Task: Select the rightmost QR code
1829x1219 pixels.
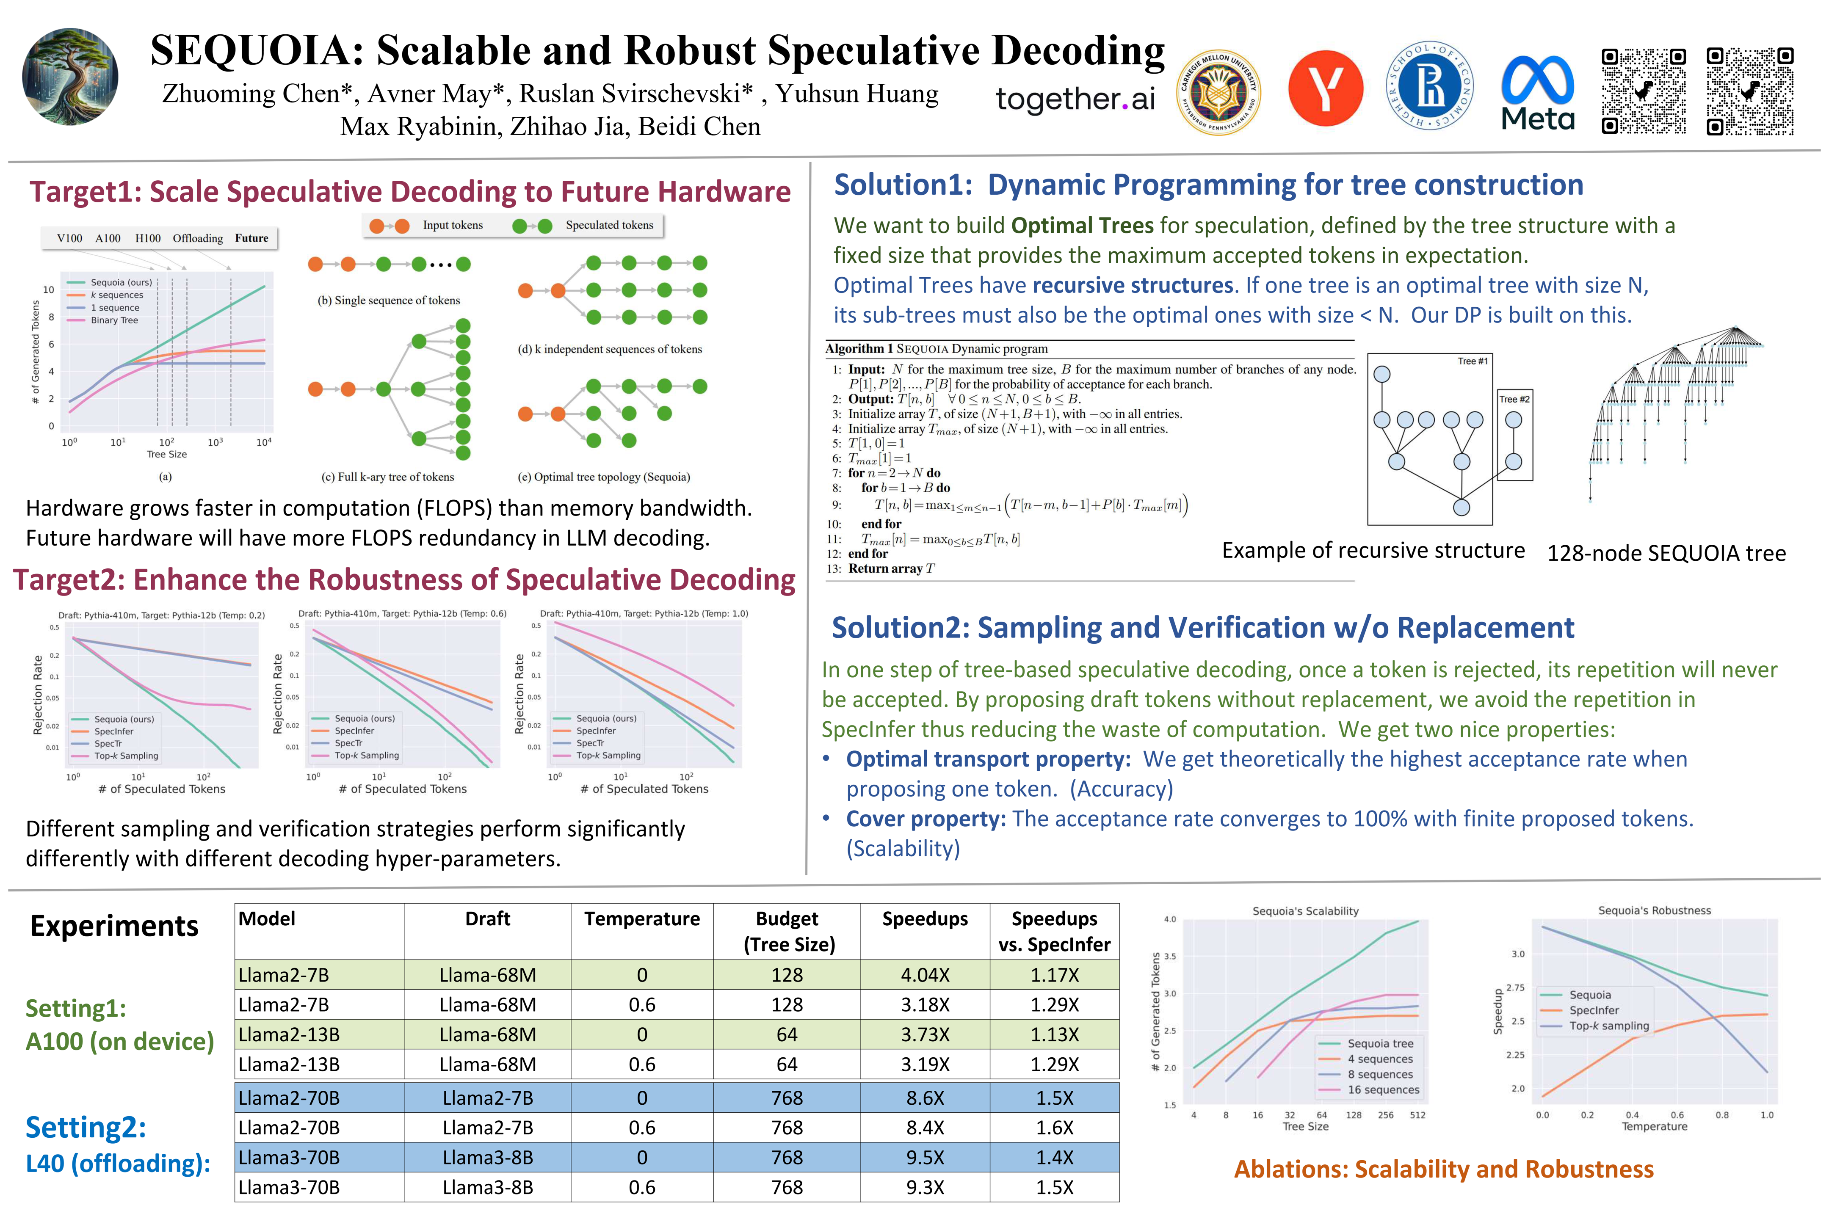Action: [1750, 91]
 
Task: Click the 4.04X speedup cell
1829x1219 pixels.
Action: [925, 975]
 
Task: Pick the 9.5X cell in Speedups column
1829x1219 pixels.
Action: [925, 1158]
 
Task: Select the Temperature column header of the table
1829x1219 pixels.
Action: [641, 919]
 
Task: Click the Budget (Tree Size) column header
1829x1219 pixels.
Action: [787, 931]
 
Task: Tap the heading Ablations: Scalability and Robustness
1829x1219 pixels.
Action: [1443, 1169]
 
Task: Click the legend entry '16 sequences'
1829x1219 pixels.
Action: [1384, 1090]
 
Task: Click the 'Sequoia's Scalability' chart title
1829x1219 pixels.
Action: [1306, 911]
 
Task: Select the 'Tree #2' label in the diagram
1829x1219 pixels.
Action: [1514, 399]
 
